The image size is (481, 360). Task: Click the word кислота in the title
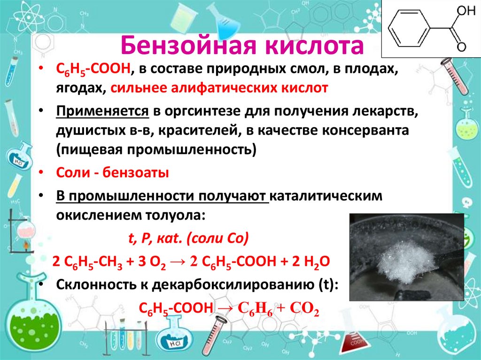coord(314,47)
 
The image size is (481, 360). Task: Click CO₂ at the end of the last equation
coord(306,310)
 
